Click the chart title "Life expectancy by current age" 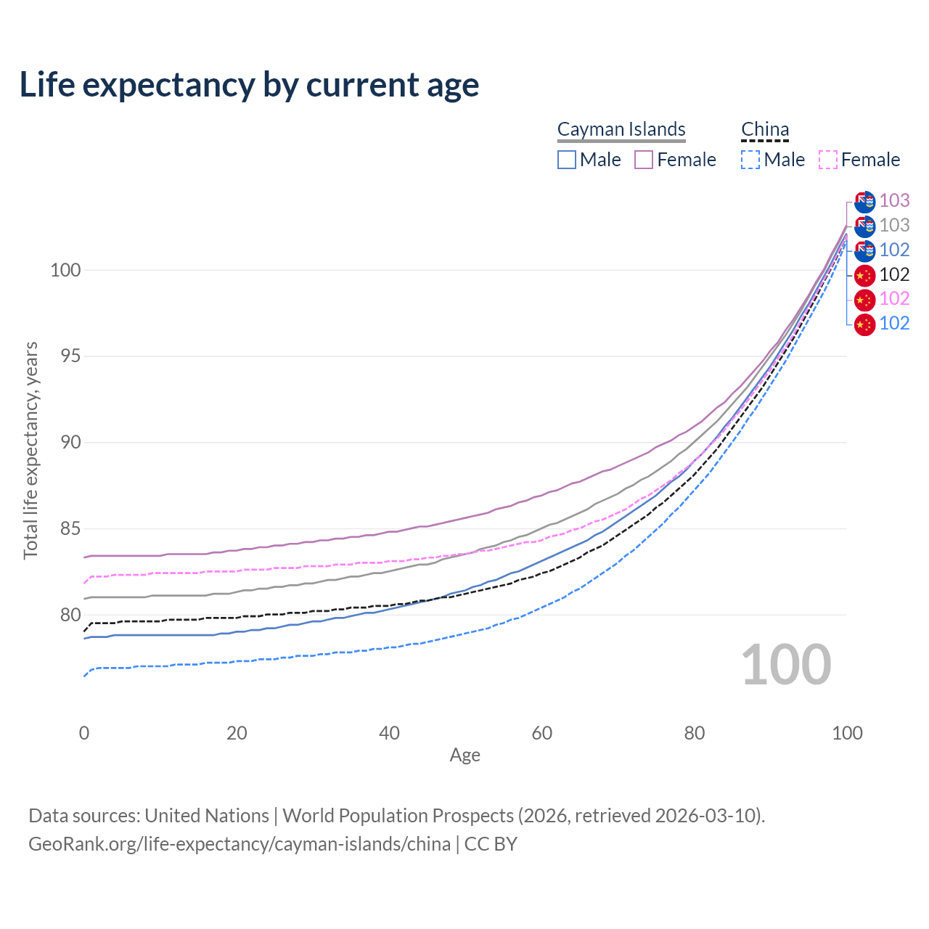click(249, 84)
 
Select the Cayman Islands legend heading click(621, 129)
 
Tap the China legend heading click(765, 129)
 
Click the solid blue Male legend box click(567, 160)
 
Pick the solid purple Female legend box click(644, 160)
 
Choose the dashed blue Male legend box click(750, 160)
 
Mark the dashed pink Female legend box click(828, 160)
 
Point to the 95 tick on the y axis click(65, 356)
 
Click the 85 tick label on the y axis click(65, 529)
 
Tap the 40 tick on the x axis click(390, 733)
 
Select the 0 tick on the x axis click(84, 733)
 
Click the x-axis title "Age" click(464, 756)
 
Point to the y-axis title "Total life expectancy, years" click(30, 450)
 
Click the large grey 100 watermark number click(786, 665)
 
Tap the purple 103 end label click(894, 200)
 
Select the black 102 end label click(894, 274)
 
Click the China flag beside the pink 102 click(864, 299)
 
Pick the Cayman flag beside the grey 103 click(864, 226)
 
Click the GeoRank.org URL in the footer click(240, 844)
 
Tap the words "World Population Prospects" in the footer click(398, 816)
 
